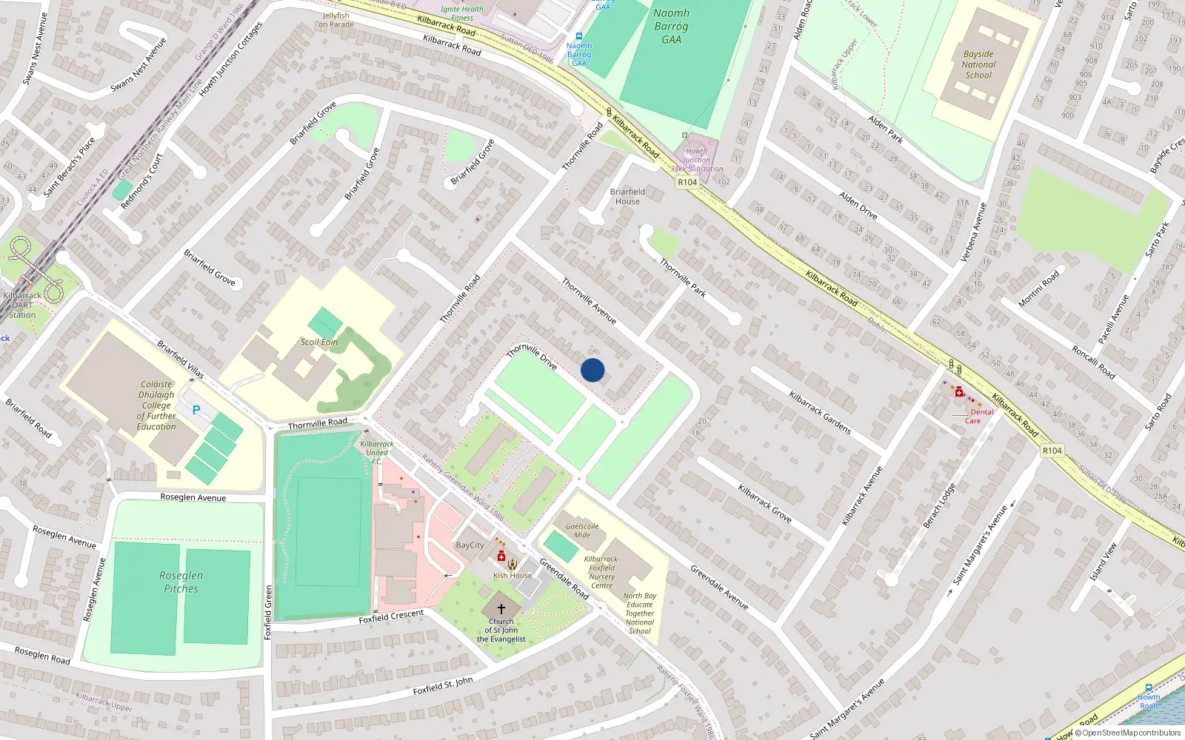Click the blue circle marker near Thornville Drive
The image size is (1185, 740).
pyautogui.click(x=592, y=370)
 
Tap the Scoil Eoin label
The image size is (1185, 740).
pyautogui.click(x=319, y=342)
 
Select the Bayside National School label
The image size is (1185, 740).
pyautogui.click(x=978, y=64)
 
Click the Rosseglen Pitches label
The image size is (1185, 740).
pyautogui.click(x=181, y=582)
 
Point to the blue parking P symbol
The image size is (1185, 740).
pyautogui.click(x=196, y=409)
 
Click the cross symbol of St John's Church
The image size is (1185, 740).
pyautogui.click(x=501, y=608)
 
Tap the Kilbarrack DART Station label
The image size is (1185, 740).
pyautogui.click(x=22, y=305)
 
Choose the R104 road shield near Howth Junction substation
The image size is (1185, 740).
pyautogui.click(x=687, y=182)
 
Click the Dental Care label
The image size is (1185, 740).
pyautogui.click(x=977, y=417)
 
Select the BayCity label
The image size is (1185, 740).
pyautogui.click(x=470, y=545)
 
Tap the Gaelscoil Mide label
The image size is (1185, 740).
pyautogui.click(x=582, y=531)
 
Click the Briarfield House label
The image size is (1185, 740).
pyautogui.click(x=627, y=196)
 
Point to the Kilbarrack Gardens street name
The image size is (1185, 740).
pyautogui.click(x=820, y=412)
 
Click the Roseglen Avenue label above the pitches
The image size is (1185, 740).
pyautogui.click(x=193, y=497)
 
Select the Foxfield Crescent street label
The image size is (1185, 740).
pyautogui.click(x=391, y=616)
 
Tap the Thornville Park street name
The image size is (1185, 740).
pyautogui.click(x=682, y=277)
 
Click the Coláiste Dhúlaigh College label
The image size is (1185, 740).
pyautogui.click(x=156, y=405)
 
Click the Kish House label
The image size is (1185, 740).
pyautogui.click(x=513, y=576)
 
